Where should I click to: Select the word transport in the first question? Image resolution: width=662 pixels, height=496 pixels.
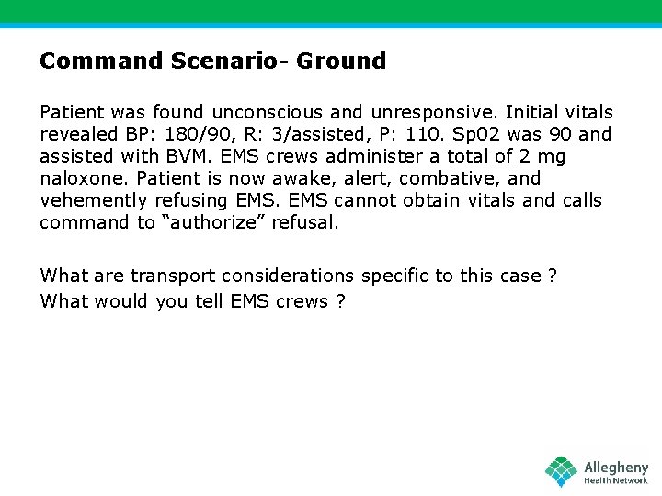[x=167, y=276]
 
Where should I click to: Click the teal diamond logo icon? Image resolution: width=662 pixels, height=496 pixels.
[x=561, y=471]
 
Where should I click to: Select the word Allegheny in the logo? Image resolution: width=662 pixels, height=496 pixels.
[x=615, y=468]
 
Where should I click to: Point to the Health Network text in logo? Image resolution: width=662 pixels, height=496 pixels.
[x=615, y=480]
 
